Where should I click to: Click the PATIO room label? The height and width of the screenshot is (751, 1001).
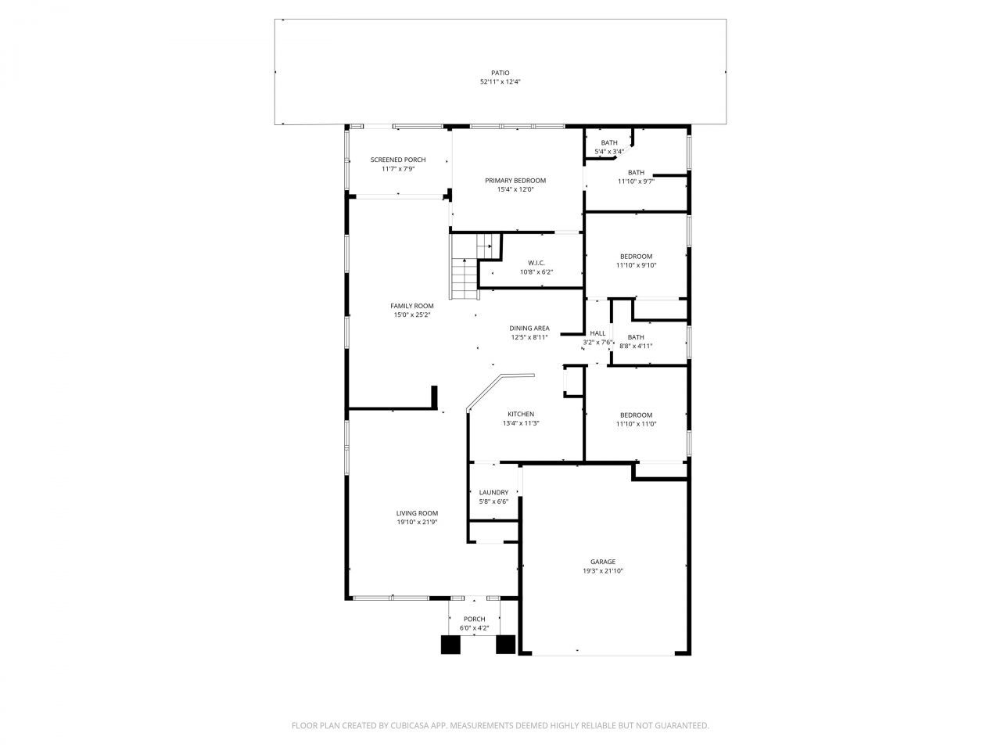500,73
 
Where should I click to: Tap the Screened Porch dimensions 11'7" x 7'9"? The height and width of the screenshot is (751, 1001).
398,169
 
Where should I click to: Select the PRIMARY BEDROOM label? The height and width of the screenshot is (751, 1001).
515,181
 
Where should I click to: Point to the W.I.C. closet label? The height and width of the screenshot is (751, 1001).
536,263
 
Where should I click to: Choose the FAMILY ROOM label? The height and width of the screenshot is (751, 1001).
412,306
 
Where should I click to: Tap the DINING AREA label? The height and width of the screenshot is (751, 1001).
529,329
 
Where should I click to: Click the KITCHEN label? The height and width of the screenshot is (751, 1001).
521,414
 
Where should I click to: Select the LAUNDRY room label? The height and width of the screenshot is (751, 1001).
493,493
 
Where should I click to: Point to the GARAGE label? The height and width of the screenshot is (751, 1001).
602,562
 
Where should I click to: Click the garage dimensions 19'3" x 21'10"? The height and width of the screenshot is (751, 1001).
602,571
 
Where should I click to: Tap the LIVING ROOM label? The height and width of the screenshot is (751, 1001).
417,513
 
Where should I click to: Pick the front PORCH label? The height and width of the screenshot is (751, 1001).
474,619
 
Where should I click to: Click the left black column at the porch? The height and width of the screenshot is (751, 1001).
451,645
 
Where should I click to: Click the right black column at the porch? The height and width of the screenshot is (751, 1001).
506,645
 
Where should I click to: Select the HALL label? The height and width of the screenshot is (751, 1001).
597,333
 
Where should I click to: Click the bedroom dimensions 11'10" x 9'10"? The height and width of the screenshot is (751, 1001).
636,265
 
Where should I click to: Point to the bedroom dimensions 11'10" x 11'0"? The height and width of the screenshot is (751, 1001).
636,424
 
